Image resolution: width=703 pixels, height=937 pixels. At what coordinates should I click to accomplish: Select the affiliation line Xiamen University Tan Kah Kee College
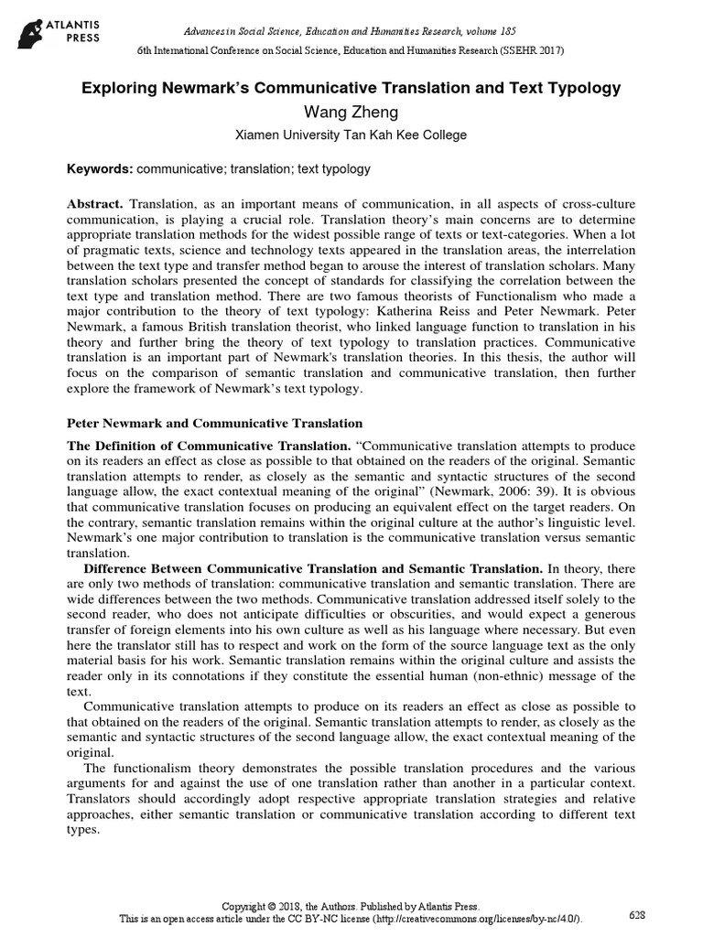[x=351, y=135]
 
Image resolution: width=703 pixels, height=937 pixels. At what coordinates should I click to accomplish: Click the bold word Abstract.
[x=96, y=202]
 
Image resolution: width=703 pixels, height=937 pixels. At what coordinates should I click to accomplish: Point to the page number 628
[x=638, y=915]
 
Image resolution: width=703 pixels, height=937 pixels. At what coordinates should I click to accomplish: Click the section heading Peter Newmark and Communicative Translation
[x=216, y=424]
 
